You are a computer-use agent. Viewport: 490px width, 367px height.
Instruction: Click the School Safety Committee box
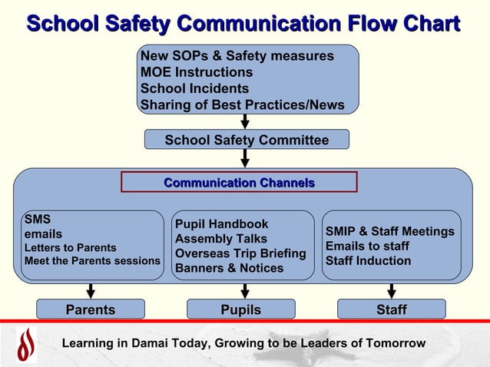point(247,140)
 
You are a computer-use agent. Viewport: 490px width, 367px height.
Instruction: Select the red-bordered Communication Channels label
point(239,182)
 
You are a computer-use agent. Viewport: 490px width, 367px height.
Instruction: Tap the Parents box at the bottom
point(91,310)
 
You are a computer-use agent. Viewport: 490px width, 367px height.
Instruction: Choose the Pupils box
point(241,310)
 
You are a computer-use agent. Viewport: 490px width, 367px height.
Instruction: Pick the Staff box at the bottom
point(391,310)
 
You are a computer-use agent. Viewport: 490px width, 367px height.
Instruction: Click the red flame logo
point(27,343)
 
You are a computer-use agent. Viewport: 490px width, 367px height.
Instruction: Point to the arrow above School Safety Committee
point(245,121)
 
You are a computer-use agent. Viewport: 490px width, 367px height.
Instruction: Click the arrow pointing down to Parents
point(91,290)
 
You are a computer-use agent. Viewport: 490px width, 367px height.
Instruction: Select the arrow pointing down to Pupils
point(245,290)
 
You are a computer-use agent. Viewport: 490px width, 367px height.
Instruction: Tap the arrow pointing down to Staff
point(392,290)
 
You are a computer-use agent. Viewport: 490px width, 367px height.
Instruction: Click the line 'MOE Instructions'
point(197,72)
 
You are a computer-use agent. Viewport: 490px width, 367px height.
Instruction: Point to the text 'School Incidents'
point(194,88)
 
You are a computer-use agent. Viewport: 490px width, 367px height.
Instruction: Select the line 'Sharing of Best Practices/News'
point(242,105)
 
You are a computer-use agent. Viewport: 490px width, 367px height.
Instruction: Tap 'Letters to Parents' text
point(71,248)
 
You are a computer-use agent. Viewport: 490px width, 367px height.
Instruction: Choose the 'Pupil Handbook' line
point(222,224)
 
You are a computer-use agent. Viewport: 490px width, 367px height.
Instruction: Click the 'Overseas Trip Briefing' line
point(240,253)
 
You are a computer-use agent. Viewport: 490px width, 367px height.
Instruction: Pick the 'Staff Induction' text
point(368,260)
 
